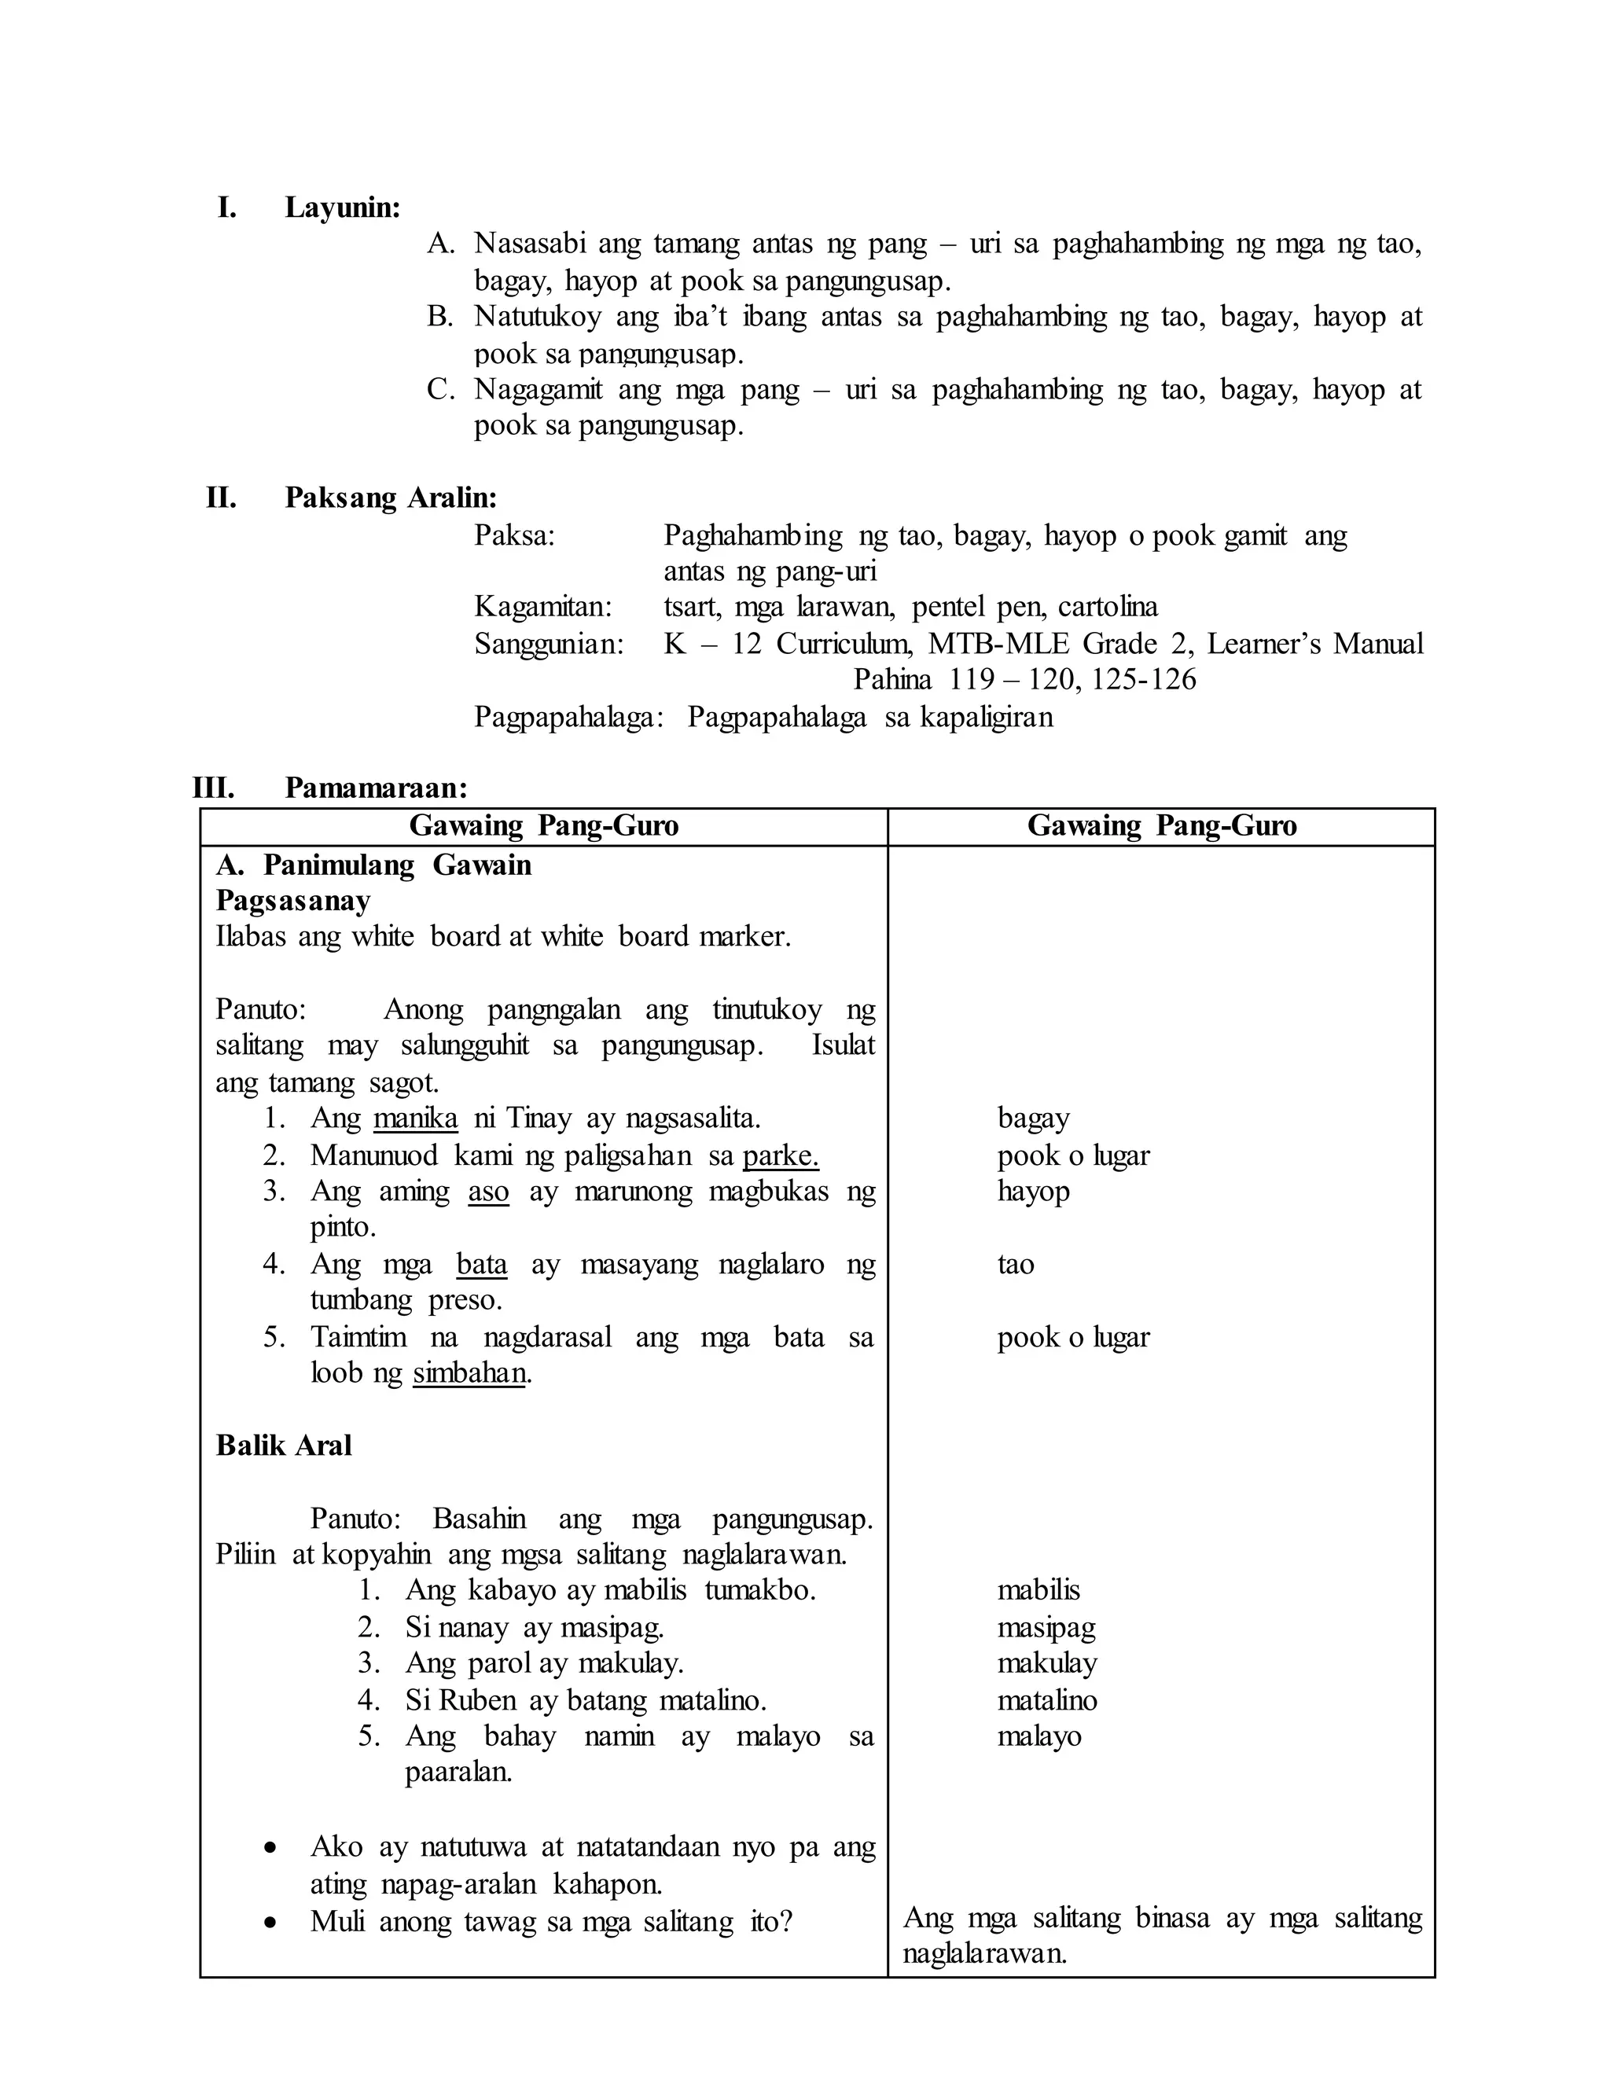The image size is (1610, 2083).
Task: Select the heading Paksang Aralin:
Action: [x=390, y=498]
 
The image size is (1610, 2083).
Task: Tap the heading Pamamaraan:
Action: [x=376, y=788]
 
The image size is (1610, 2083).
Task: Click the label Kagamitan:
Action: [x=542, y=608]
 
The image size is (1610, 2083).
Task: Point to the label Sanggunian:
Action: [x=549, y=645]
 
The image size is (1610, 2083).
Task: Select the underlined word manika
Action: [x=415, y=1118]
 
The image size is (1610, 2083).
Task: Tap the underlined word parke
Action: [x=780, y=1156]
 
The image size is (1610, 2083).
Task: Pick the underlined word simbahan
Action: [x=469, y=1373]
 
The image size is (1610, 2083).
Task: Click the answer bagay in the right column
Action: [x=1033, y=1118]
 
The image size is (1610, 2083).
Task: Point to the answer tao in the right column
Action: [x=1016, y=1265]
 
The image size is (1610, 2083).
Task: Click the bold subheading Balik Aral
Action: [x=283, y=1446]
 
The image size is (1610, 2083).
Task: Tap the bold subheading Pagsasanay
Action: [x=292, y=902]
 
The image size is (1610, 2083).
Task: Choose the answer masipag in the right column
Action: [x=1046, y=1627]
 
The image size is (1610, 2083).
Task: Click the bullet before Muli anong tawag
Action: [x=271, y=1923]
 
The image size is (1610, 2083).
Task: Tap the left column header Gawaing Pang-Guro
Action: [x=544, y=826]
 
